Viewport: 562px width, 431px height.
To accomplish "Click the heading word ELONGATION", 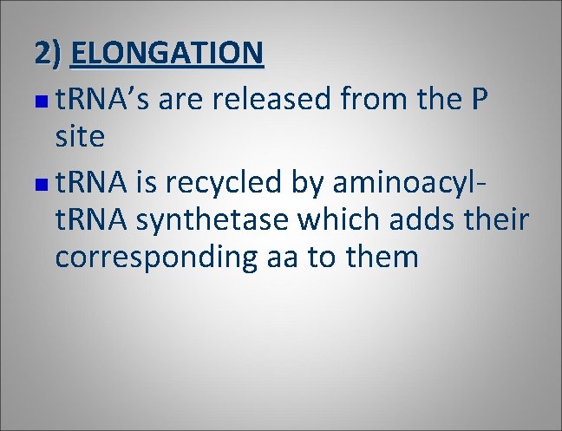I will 167,54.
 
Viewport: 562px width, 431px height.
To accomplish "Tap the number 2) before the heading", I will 49,54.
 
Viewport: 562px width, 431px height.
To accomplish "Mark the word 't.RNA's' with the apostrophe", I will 102,100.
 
